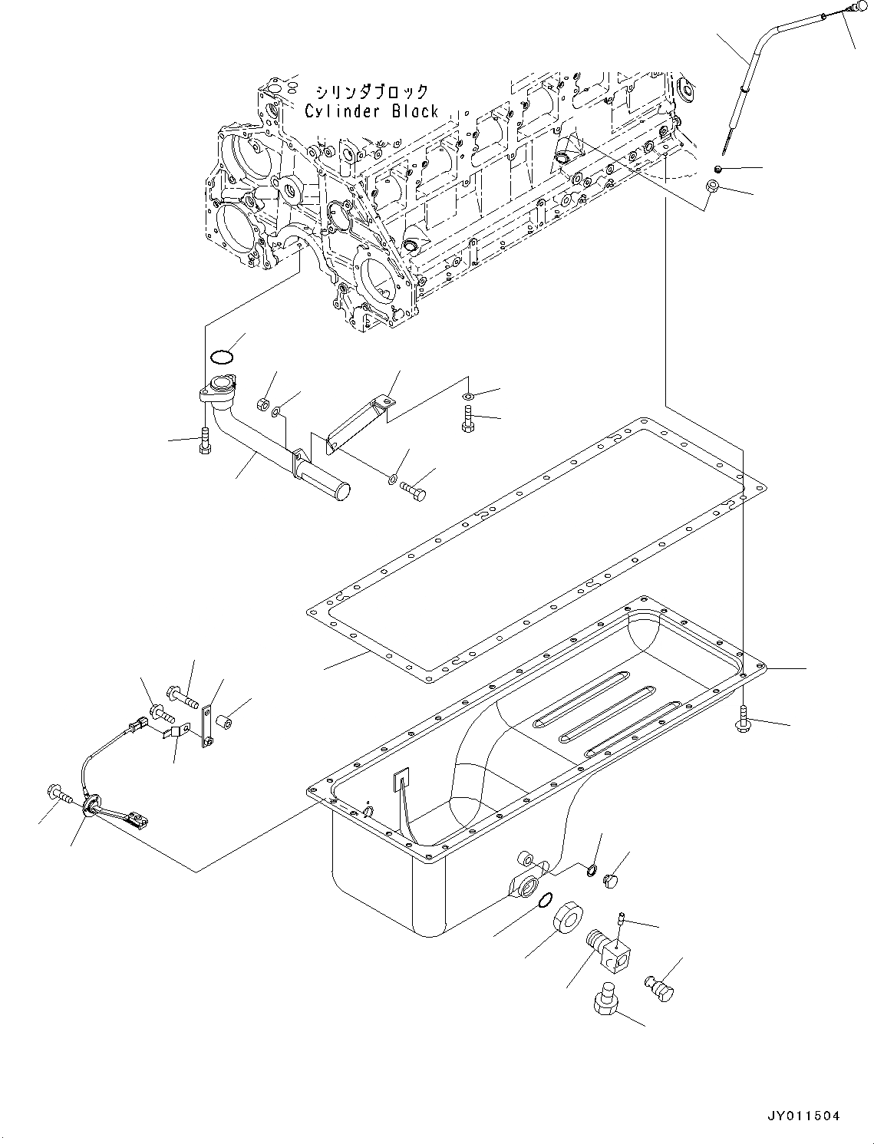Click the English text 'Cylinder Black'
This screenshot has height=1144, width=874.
click(x=371, y=111)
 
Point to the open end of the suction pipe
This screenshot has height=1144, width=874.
click(x=340, y=489)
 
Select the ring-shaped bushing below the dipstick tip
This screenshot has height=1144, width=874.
click(x=711, y=186)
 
